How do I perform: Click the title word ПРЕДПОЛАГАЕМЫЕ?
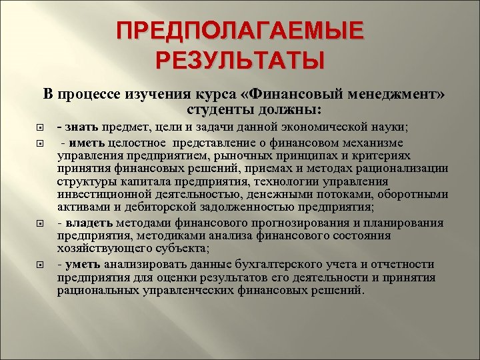point(239,32)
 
